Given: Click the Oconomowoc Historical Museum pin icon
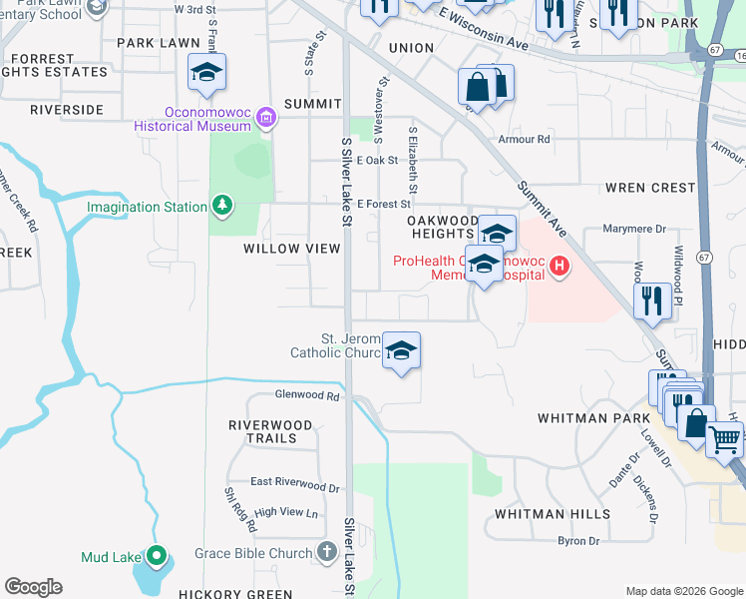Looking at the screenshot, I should tap(265, 119).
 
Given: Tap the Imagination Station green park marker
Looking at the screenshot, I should tap(222, 207).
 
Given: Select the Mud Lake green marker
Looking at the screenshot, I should tap(157, 556).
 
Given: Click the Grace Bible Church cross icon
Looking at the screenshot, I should tap(327, 552).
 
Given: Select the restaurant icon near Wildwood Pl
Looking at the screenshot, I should tap(652, 299).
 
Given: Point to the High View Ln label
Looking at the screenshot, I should tap(285, 512).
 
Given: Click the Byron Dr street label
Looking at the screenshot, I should tap(578, 541).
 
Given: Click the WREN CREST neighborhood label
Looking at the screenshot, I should tap(650, 188).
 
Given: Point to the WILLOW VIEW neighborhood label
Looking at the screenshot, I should tap(292, 249).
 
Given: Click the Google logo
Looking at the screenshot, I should tap(33, 587).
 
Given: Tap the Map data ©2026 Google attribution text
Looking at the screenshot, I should tap(683, 591).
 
